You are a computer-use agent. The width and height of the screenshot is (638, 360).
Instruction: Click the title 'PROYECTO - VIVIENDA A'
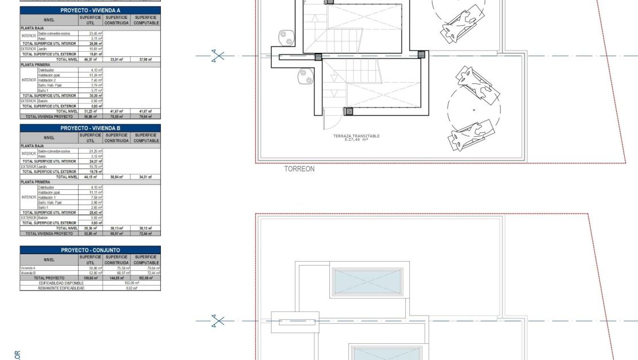pyautogui.click(x=90, y=11)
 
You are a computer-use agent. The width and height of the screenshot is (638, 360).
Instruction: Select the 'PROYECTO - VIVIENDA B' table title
pyautogui.click(x=90, y=128)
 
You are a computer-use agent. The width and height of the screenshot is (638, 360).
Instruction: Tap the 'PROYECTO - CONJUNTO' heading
pyautogui.click(x=90, y=250)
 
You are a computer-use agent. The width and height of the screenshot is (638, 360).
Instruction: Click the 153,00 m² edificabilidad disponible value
pyautogui.click(x=132, y=283)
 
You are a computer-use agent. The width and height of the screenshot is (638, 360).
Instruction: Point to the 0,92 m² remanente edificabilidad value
pyautogui.click(x=132, y=288)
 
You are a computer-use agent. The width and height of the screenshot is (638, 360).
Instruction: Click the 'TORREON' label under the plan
pyautogui.click(x=299, y=170)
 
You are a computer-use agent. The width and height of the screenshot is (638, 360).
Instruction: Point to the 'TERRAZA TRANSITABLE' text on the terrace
pyautogui.click(x=356, y=136)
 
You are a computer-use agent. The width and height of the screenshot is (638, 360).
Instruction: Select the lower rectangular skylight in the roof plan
pyautogui.click(x=378, y=353)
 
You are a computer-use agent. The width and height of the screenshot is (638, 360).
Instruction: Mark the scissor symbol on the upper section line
pyautogui.click(x=218, y=56)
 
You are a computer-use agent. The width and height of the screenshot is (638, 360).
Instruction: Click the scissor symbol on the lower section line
pyautogui.click(x=218, y=321)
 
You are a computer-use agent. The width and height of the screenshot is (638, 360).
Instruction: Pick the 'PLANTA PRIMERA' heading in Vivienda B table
pyautogui.click(x=36, y=182)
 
